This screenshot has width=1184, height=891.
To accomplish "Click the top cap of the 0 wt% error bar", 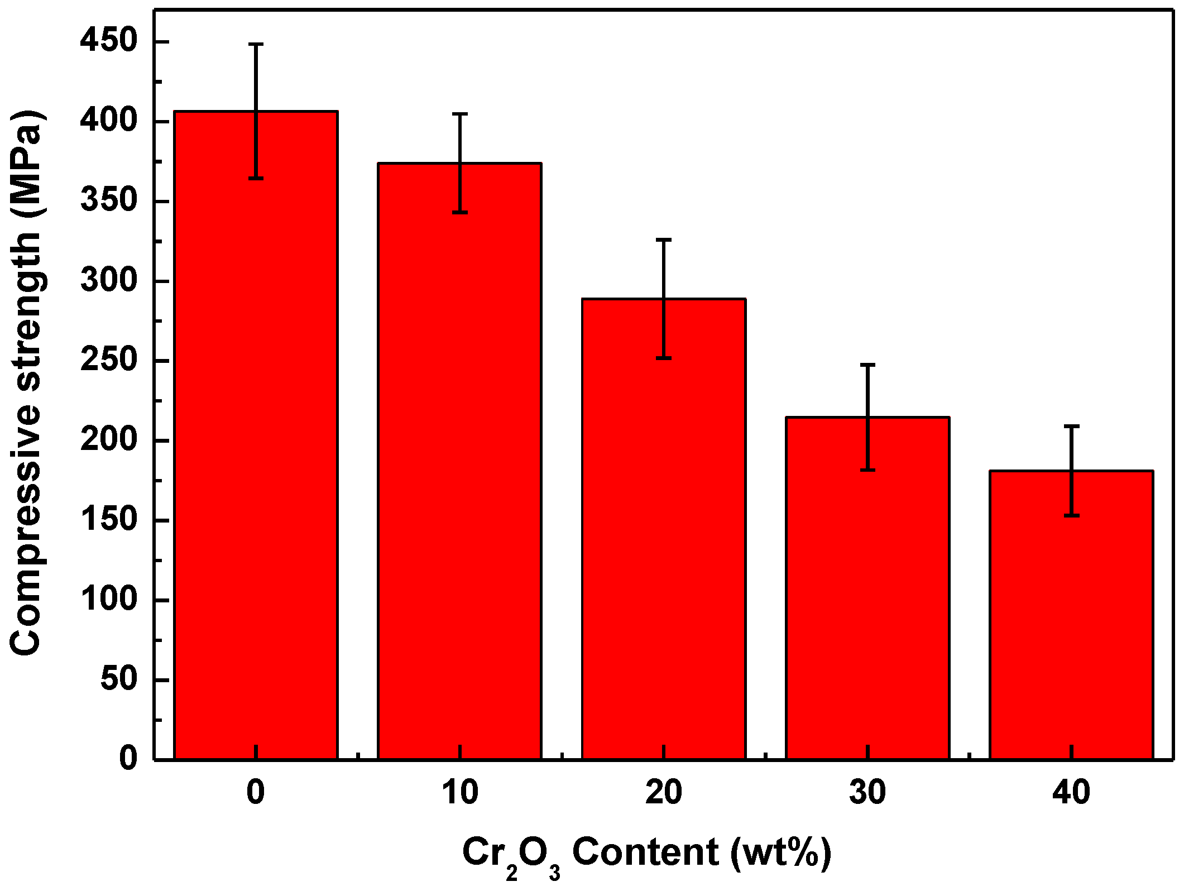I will [256, 44].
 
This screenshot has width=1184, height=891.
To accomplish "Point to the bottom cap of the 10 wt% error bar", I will [459, 213].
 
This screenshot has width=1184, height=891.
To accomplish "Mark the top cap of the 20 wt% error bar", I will [664, 239].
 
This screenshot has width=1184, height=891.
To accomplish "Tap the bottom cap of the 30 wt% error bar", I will [867, 470].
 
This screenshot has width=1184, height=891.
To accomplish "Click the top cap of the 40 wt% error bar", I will [1071, 426].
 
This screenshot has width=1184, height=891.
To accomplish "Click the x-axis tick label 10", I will [459, 792].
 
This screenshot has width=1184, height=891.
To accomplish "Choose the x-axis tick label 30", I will [867, 792].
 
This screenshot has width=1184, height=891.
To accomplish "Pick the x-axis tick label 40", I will [1071, 792].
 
